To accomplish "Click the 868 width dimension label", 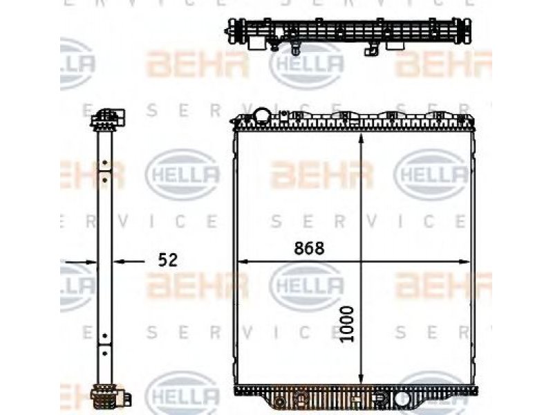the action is click(309, 249).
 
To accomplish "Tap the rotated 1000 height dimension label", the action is click(347, 324).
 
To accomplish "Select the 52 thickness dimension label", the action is click(167, 261).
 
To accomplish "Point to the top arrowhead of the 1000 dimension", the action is click(361, 138).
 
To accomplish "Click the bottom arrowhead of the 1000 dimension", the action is click(361, 379).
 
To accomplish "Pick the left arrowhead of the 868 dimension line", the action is click(244, 262).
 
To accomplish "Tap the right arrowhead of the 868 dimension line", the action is click(464, 262).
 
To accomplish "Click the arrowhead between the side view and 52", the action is click(119, 261).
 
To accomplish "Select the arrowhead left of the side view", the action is click(91, 262).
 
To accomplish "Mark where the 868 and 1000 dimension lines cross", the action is click(361, 262).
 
